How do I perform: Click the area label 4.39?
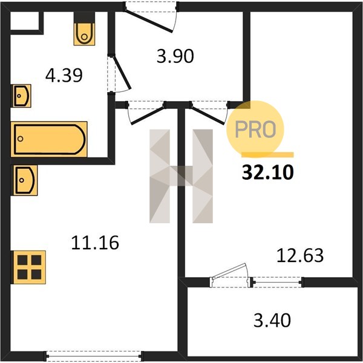tap(64, 76)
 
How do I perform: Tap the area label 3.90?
tap(175, 56)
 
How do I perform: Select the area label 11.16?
tap(95, 243)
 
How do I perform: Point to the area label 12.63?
tap(300, 255)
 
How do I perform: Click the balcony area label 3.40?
tap(272, 321)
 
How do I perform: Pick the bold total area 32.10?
tap(268, 172)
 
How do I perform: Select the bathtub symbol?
tap(49, 139)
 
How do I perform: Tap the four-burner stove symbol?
tap(28, 267)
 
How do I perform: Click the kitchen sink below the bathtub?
tap(24, 180)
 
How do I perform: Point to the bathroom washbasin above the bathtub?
tap(21, 96)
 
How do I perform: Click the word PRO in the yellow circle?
tap(255, 129)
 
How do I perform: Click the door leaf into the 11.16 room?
tap(148, 114)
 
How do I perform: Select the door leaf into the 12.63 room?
tap(208, 114)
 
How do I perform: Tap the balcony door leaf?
tap(229, 270)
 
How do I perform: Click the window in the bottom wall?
tap(94, 355)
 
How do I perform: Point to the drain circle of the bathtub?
tap(21, 139)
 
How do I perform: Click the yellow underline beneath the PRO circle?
tap(267, 155)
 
